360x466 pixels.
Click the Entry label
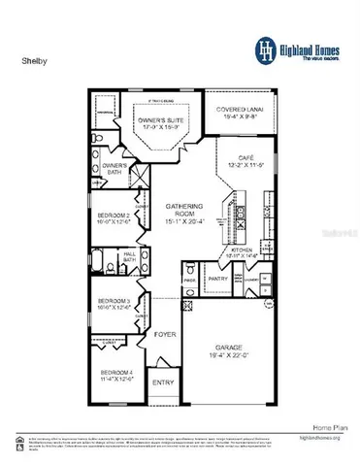tap(163, 383)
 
